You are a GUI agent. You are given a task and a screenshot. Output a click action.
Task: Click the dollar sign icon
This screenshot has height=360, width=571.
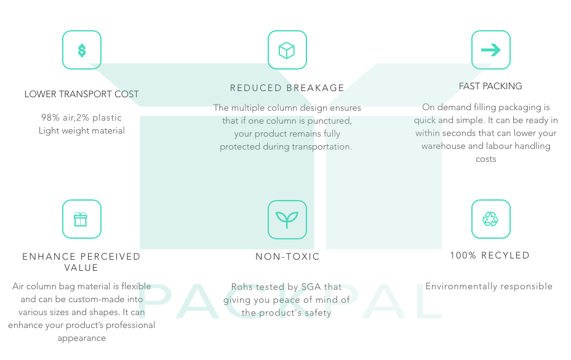(x=82, y=50)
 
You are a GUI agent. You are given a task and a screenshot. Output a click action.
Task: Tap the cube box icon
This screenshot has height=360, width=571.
(x=287, y=50)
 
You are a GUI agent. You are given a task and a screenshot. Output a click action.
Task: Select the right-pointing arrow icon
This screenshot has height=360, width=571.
(x=491, y=50)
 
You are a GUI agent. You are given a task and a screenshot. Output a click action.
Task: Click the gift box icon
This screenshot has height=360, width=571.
(x=81, y=219)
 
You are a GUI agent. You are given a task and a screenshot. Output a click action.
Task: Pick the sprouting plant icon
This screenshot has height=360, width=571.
(x=287, y=220)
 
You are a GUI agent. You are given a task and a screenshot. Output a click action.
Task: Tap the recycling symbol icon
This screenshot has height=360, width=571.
(x=490, y=219)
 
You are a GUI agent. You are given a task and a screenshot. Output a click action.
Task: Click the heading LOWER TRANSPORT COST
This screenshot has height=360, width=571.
(x=82, y=94)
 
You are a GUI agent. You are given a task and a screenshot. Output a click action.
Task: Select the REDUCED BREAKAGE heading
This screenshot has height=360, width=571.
(x=287, y=88)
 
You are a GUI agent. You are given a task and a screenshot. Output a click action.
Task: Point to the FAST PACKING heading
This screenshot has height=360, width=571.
(x=490, y=86)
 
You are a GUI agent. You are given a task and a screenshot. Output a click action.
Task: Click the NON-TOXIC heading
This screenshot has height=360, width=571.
(x=287, y=257)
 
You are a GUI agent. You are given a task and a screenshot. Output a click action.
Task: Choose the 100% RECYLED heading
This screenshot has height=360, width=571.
(x=490, y=255)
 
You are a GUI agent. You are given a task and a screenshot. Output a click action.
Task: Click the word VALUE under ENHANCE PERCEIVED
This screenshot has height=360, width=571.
(x=81, y=268)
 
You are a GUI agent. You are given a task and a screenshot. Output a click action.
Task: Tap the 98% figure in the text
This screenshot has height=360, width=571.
(x=50, y=118)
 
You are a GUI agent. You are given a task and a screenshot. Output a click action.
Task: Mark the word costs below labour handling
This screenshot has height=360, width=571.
(x=486, y=159)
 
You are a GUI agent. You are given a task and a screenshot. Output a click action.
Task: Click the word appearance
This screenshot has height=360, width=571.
(x=82, y=338)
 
